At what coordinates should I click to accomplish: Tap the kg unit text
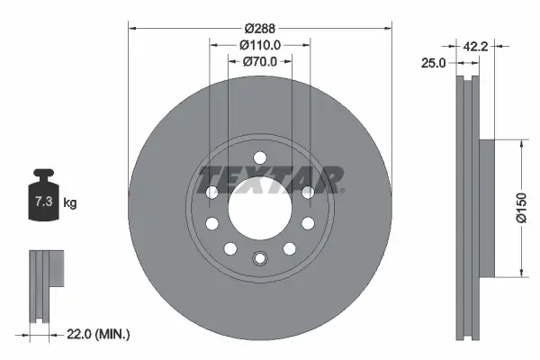pyautogui.click(x=70, y=203)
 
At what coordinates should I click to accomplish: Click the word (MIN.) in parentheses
pyautogui.click(x=112, y=334)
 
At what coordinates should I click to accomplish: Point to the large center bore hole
pyautogui.click(x=259, y=207)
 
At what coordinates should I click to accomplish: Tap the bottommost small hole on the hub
pyautogui.click(x=259, y=259)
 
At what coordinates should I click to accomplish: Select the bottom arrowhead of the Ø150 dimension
pyautogui.click(x=520, y=274)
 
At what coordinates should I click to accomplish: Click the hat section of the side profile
pyautogui.click(x=487, y=207)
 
